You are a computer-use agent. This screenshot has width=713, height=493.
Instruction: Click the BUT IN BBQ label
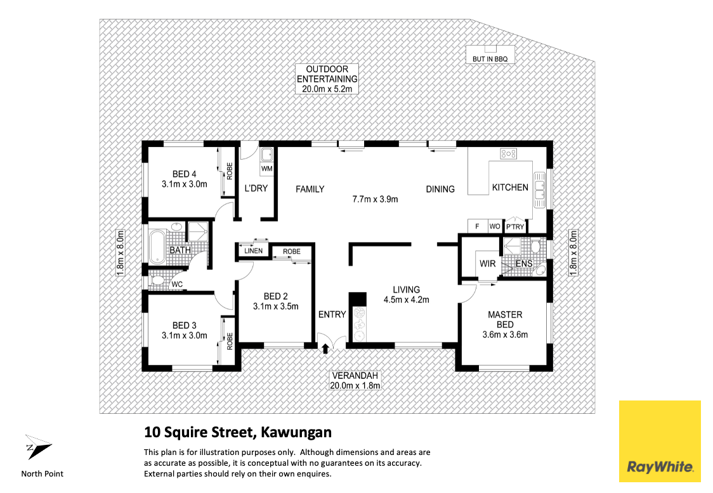click(x=490, y=58)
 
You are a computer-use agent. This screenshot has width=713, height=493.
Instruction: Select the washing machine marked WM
click(x=266, y=169)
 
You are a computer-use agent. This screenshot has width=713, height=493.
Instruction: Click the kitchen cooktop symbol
click(x=508, y=153)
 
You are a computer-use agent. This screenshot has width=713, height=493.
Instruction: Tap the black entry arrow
click(x=326, y=348)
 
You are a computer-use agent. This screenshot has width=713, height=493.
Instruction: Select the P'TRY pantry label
click(x=514, y=227)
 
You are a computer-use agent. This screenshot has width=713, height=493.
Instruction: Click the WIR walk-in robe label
click(x=487, y=264)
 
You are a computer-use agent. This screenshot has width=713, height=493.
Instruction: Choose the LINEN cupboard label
click(x=253, y=252)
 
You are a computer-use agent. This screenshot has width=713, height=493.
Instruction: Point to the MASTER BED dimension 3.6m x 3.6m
click(x=505, y=335)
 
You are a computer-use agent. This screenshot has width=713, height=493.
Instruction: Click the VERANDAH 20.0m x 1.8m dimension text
click(x=355, y=385)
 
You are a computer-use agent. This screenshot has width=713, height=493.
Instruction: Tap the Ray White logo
click(x=660, y=442)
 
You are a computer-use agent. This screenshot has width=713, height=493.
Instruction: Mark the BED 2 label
click(x=276, y=296)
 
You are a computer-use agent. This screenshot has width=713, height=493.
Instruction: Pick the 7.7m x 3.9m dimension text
click(x=375, y=199)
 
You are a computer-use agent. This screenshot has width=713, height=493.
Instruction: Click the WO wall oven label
click(x=494, y=227)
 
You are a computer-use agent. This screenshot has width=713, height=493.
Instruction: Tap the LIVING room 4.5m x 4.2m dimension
click(x=406, y=300)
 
